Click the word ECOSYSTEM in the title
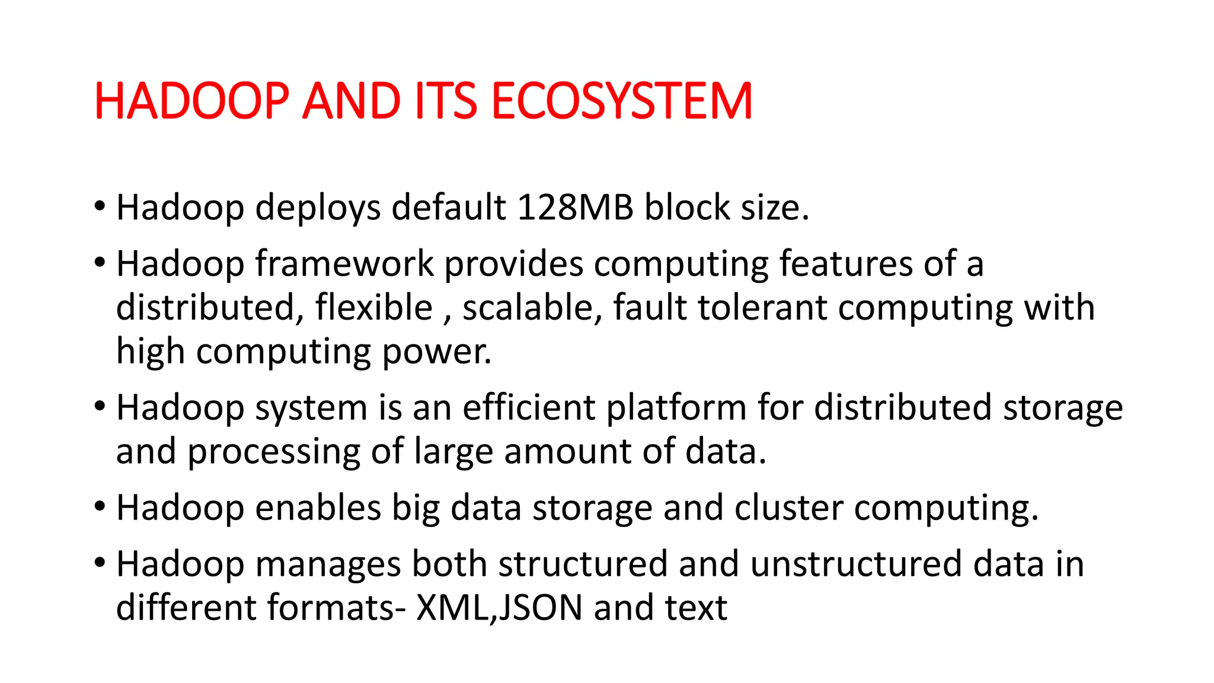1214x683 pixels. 622,101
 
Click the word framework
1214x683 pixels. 344,264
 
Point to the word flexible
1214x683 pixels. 373,308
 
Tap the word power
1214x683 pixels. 437,352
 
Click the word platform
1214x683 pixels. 676,408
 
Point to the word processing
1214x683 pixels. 274,452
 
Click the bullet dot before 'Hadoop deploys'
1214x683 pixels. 100,207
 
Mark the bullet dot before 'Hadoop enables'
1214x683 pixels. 100,508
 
